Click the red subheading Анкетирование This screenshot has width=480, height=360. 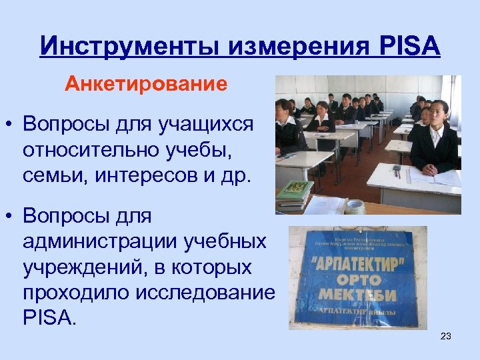(146, 85)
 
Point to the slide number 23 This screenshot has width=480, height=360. (446, 336)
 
